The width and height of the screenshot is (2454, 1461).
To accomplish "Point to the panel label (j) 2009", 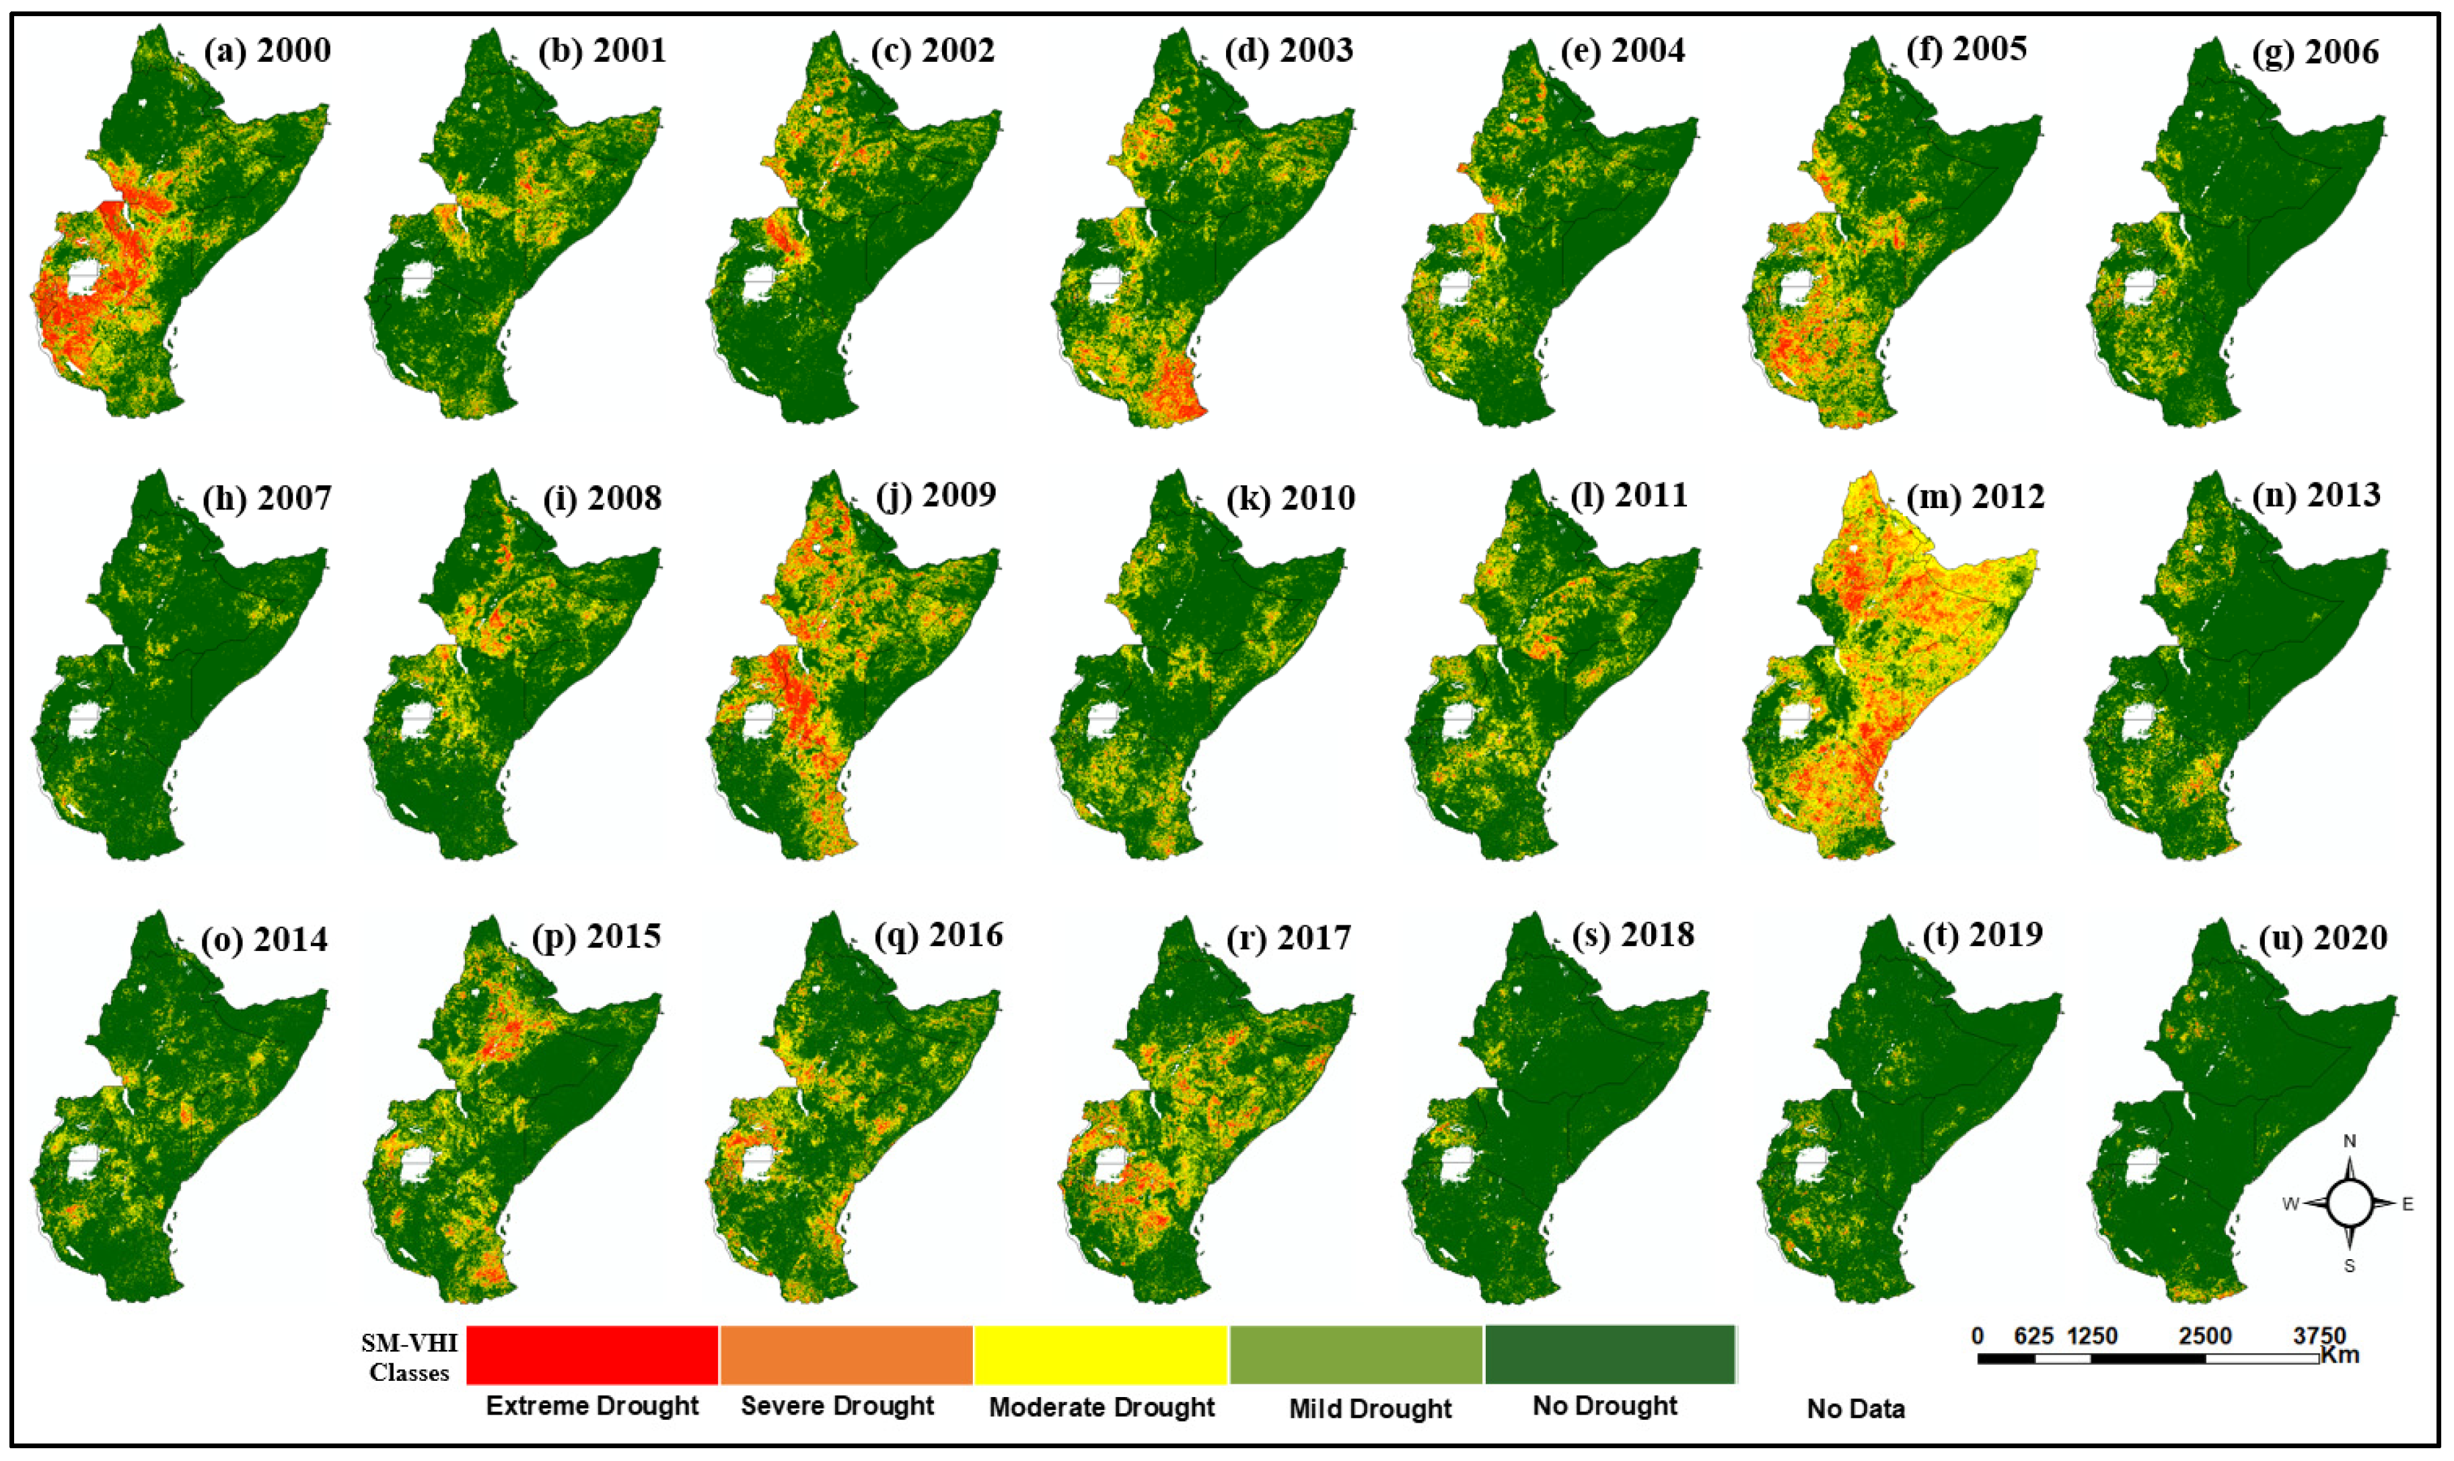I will point(935,494).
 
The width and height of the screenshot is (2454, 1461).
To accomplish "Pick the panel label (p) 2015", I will point(597,936).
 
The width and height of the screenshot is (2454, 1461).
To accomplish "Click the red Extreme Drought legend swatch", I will point(591,1355).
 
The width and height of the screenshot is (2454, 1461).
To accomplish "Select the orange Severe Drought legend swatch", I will point(846,1355).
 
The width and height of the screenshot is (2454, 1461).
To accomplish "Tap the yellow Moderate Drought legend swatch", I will point(1101,1355).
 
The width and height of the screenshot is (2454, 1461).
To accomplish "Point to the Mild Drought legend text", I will point(1369,1409).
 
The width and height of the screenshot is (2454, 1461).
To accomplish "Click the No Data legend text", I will point(1856,1409).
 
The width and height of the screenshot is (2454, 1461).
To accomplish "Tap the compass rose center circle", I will point(2350,1203).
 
